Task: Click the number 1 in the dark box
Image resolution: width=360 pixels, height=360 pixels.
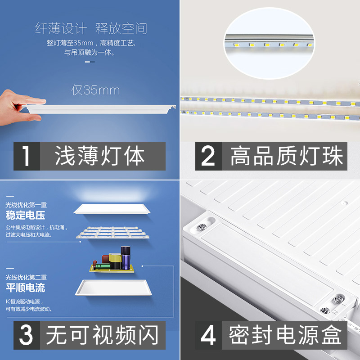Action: coord(27,156)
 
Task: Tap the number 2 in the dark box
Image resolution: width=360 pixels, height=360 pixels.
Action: coord(208,156)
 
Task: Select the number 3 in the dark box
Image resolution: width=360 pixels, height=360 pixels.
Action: coord(27,336)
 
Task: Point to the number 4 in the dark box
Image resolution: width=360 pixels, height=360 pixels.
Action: coord(208,336)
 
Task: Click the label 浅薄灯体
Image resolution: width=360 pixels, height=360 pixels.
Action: coord(100,156)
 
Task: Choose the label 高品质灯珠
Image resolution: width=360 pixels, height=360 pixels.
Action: coord(287,156)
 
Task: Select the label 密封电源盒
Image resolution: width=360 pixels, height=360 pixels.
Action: coord(284,336)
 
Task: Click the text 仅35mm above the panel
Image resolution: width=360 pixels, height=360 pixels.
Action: coord(95,90)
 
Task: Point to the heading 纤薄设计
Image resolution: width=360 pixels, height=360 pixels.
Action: coord(60,29)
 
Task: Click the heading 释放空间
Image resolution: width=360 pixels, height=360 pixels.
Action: coord(121,29)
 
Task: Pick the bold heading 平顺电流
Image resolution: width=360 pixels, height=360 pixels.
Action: coord(25,288)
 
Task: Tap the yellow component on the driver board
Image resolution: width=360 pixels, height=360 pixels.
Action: coord(114,260)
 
